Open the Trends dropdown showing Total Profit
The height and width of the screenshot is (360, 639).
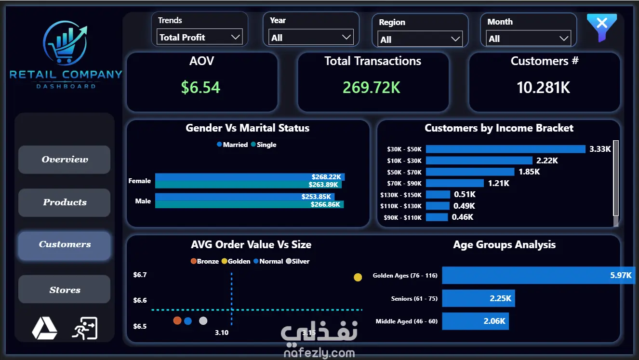click(x=200, y=37)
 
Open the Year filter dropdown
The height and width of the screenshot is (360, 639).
click(x=311, y=38)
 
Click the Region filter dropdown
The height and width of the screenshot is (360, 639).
click(x=420, y=39)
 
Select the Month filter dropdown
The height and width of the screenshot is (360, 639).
click(x=528, y=38)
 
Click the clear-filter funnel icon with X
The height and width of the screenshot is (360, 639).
click(x=601, y=27)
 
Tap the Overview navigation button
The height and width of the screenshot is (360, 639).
click(x=65, y=160)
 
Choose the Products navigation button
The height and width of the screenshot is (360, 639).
click(x=65, y=202)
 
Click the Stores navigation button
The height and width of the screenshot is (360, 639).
click(x=65, y=289)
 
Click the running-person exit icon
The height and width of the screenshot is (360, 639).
click(x=85, y=328)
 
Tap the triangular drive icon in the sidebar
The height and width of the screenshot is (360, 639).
click(x=44, y=328)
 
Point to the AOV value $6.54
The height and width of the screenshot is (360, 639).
click(x=200, y=87)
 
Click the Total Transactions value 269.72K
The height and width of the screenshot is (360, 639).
click(x=372, y=87)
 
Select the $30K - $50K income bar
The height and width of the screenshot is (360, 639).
click(x=506, y=149)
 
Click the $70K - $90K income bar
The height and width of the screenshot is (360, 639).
click(x=455, y=183)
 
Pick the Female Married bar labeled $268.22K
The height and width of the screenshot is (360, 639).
click(x=250, y=177)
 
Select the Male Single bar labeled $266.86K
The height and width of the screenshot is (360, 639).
click(x=249, y=204)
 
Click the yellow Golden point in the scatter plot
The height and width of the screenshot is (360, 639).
click(x=358, y=277)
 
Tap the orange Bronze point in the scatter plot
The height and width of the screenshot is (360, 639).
click(x=177, y=320)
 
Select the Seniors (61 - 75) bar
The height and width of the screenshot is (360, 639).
click(x=479, y=298)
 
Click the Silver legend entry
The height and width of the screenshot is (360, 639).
click(x=297, y=261)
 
